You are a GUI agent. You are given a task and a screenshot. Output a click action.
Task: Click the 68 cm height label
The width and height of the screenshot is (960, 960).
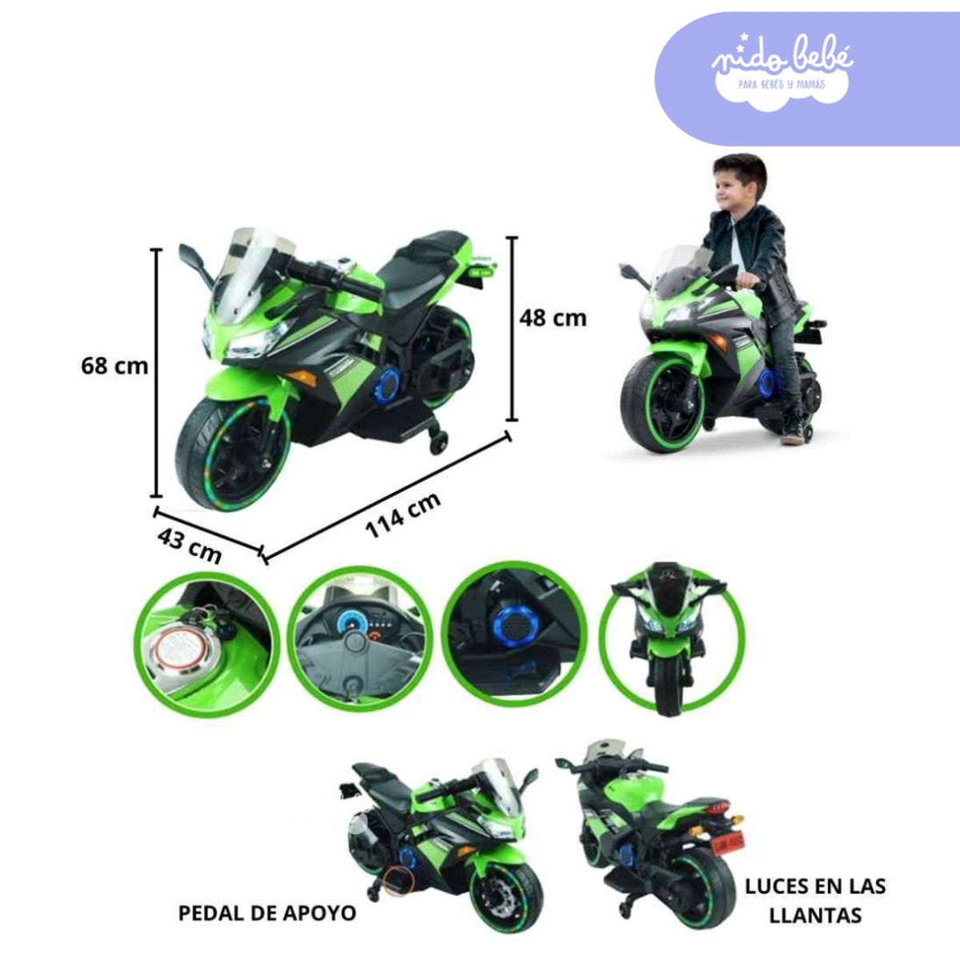point(114,366)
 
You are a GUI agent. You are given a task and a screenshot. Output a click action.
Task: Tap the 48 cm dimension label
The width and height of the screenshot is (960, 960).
point(553,318)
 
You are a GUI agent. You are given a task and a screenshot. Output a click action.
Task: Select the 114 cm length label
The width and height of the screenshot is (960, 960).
point(402,516)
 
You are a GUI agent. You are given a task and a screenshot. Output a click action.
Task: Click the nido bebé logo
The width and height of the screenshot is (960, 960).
point(782,65)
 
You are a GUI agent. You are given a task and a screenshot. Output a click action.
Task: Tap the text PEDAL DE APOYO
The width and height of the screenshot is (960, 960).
point(267,913)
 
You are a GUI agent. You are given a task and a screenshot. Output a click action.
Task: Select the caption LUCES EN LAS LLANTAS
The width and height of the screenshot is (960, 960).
point(815,899)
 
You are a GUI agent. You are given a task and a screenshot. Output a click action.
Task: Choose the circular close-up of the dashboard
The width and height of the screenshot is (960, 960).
point(359,644)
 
